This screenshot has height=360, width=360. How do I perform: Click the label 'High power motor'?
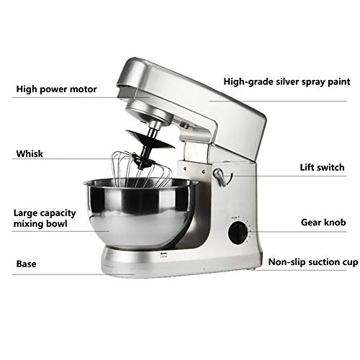[x=56, y=89]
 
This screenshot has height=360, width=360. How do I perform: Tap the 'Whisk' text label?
[x=30, y=153]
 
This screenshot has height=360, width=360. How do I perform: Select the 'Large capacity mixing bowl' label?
[x=45, y=218]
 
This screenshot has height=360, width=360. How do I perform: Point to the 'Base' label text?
[x=26, y=264]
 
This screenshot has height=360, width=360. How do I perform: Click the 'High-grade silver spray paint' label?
[x=287, y=82]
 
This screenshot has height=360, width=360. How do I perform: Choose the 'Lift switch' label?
[x=322, y=167]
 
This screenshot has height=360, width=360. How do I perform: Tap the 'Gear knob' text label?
[x=323, y=222]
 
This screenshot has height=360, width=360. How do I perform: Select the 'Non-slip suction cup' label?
[x=313, y=262]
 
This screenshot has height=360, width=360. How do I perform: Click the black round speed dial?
[x=238, y=233]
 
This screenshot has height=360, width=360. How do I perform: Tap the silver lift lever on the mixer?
[x=220, y=177]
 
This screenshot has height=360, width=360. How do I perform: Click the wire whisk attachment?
[x=141, y=169]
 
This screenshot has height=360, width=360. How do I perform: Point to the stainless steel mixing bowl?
[x=140, y=214]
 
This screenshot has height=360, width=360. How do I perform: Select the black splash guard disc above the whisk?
[x=150, y=139]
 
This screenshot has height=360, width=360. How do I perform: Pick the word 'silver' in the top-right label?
[x=287, y=81]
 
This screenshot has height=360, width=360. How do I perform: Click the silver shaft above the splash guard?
[x=154, y=129]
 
